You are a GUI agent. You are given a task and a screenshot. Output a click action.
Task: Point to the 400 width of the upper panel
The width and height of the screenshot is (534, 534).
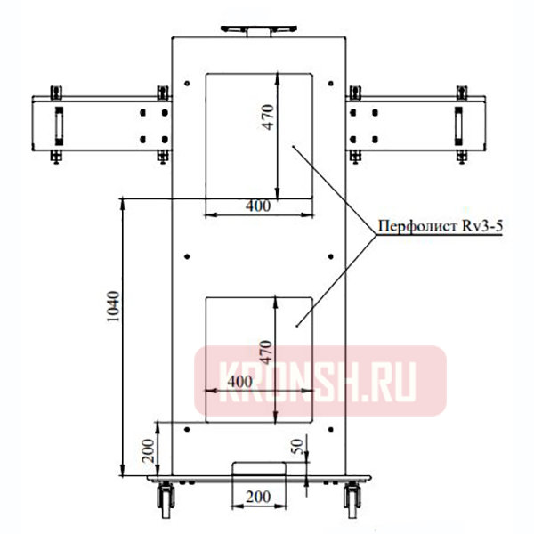pyautogui.click(x=257, y=206)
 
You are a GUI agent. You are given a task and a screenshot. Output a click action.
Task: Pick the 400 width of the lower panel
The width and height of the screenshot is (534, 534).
pyautogui.click(x=239, y=380)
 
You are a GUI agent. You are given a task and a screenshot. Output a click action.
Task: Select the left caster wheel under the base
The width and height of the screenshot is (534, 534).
pyautogui.click(x=166, y=500)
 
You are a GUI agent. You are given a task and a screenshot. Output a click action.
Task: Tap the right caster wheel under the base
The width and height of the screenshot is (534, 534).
pyautogui.click(x=350, y=500)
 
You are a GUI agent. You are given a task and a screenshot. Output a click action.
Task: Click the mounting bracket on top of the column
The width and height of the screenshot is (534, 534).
pyautogui.click(x=258, y=29)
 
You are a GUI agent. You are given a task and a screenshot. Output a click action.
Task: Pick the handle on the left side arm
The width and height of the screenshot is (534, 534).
pyautogui.click(x=60, y=125)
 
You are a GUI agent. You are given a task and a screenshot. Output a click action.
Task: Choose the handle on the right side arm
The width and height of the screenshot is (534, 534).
pyautogui.click(x=458, y=125)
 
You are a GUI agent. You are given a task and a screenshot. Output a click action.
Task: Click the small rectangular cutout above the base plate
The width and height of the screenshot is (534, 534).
pyautogui.click(x=257, y=471)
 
